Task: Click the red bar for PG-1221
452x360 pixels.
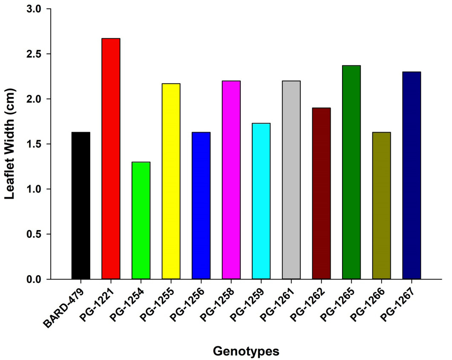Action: click(x=111, y=158)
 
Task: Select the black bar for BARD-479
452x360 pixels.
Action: click(x=81, y=205)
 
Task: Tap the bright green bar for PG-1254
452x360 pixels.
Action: click(x=141, y=221)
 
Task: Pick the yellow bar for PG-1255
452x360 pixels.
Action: click(x=171, y=181)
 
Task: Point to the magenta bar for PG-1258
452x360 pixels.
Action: click(x=231, y=180)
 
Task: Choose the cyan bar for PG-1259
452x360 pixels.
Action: click(x=261, y=201)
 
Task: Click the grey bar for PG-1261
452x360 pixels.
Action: click(x=291, y=180)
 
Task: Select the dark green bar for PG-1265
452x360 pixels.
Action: click(x=351, y=173)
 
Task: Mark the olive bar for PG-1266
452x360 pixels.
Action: click(x=382, y=205)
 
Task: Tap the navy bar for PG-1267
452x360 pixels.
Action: click(x=412, y=175)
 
